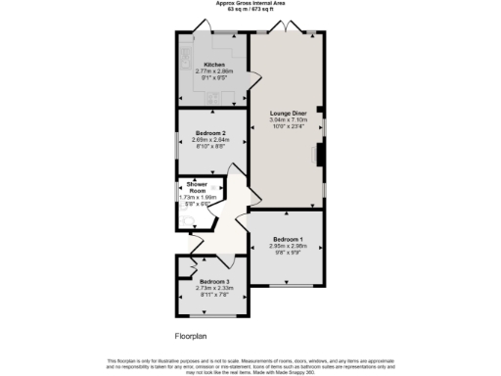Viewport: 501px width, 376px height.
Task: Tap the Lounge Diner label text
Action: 288,113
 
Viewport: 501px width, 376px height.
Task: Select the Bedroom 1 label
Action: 288,239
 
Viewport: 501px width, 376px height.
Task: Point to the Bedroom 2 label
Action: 210,132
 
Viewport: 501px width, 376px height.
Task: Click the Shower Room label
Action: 189,187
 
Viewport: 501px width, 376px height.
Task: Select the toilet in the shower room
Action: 184,220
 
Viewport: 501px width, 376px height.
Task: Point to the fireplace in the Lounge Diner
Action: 319,155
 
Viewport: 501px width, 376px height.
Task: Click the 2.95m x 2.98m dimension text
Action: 288,246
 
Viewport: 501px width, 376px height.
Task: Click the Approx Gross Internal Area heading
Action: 250,4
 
